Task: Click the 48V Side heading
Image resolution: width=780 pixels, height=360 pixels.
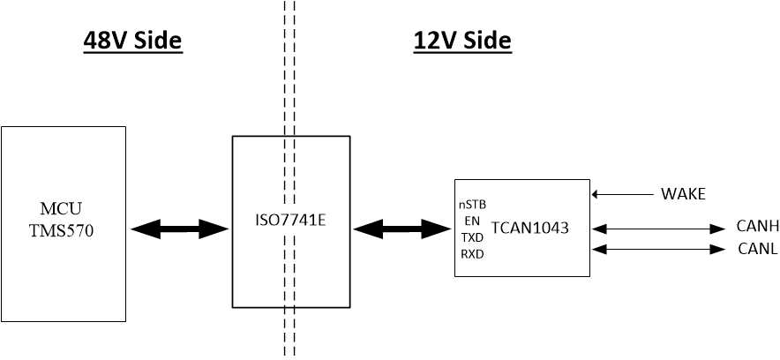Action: pos(132,41)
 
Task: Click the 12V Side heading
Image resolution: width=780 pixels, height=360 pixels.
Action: pos(462,41)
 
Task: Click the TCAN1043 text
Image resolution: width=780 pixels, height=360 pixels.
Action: pos(529,228)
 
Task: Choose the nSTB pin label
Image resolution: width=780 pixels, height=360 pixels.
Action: pos(472,204)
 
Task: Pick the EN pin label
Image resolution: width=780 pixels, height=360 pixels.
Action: pos(472,221)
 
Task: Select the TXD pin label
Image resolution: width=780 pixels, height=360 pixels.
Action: pos(472,237)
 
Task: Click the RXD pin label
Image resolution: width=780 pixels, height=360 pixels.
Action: pos(472,254)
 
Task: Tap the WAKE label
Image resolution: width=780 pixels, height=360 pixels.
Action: pos(683,194)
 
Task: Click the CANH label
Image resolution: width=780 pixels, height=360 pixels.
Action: pos(756,228)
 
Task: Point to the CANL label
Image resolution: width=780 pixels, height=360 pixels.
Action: pos(756,249)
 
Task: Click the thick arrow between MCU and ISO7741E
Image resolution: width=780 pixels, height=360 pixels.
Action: pos(180,229)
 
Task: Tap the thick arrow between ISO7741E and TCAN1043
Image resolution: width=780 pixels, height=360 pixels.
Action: pos(402,229)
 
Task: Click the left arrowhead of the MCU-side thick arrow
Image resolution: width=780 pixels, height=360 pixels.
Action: pos(140,229)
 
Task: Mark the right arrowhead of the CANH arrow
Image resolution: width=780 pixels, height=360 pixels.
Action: pos(718,229)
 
